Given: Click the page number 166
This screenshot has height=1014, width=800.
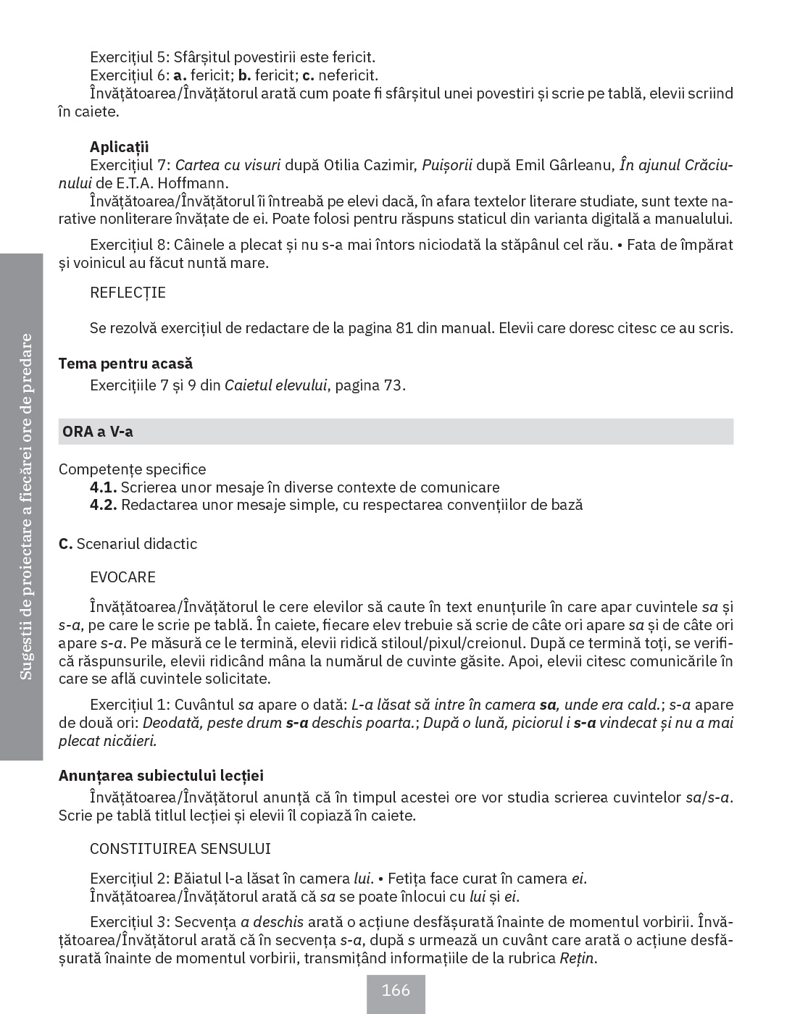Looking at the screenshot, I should tap(396, 990).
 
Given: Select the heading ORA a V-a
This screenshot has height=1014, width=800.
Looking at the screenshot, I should tap(98, 432).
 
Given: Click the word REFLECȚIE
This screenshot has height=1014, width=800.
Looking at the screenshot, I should tap(128, 293).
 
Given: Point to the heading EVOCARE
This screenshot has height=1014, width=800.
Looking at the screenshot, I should tap(123, 577).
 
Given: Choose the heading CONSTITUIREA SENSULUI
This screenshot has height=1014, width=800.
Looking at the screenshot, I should tap(180, 849).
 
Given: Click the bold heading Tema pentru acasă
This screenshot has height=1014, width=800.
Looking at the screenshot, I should tap(125, 364).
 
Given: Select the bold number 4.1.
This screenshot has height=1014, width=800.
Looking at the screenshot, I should tap(104, 487).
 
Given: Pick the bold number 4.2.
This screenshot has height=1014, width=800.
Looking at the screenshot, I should tap(104, 505).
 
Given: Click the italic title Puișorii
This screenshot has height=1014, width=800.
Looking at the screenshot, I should tap(447, 164).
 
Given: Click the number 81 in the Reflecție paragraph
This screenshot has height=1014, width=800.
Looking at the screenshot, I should tap(404, 328).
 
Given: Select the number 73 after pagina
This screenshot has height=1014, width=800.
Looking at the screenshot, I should tap(393, 385).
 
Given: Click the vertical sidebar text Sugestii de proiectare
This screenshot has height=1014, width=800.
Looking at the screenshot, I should tap(26, 579).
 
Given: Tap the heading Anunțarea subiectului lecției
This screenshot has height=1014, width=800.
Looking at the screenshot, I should tap(161, 776).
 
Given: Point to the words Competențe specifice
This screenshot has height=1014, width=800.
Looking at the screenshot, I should tap(132, 469).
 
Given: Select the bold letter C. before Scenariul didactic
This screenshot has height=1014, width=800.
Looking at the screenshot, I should tap(65, 544).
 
